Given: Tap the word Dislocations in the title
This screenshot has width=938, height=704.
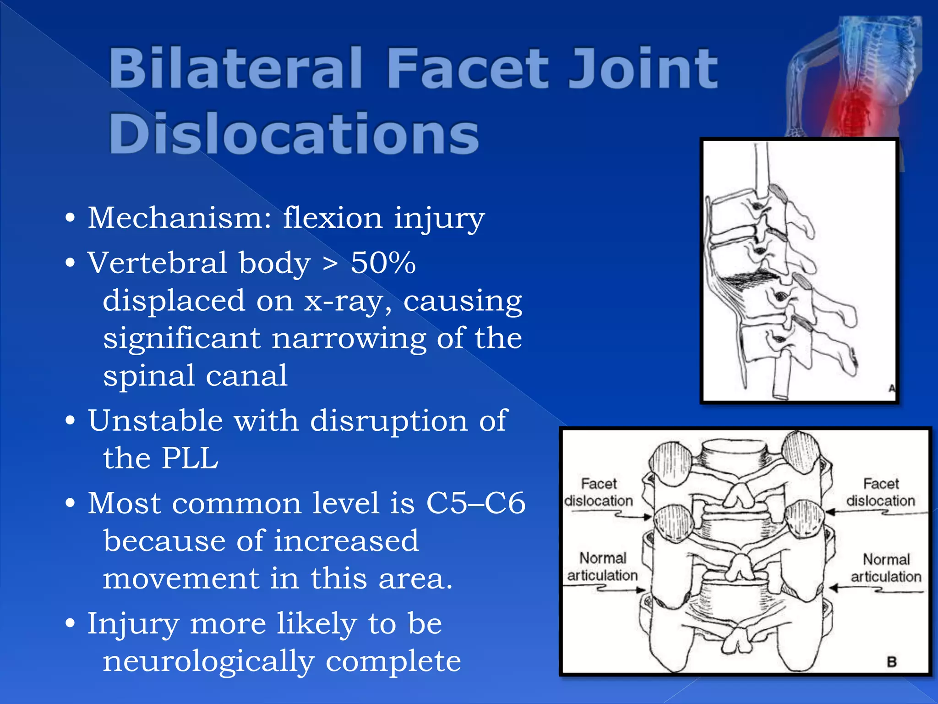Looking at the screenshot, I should (294, 134).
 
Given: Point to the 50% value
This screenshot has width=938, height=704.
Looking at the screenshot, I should (383, 263).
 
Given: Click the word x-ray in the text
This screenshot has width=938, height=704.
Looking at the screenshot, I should (349, 302).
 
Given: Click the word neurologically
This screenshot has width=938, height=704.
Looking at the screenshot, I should (209, 661).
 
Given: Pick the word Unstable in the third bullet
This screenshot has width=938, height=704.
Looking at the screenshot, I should (155, 421).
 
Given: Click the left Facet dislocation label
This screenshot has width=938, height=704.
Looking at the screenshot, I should (598, 492).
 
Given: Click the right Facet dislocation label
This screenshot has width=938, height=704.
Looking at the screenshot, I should (880, 492).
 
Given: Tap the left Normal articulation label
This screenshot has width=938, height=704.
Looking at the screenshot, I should (602, 566).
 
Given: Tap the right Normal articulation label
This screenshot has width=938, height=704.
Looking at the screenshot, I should (886, 568).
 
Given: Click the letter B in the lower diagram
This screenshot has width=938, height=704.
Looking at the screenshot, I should (891, 662).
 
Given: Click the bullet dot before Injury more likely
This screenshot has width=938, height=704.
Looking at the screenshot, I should (70, 623).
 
